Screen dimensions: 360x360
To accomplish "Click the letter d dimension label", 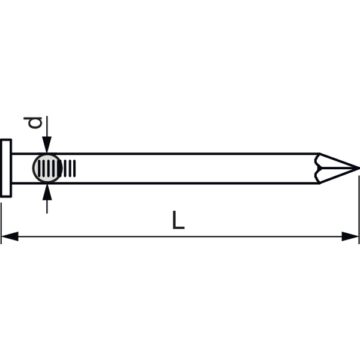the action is pyautogui.click(x=33, y=123).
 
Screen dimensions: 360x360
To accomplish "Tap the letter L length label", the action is pyautogui.click(x=178, y=220).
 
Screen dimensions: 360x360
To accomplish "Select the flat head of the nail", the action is pyautogui.click(x=6, y=168).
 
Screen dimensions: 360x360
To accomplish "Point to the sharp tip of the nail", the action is pyautogui.click(x=359, y=168).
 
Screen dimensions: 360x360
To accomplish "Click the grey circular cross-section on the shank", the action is pyautogui.click(x=47, y=168).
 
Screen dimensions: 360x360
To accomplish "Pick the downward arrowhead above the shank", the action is pyautogui.click(x=47, y=145).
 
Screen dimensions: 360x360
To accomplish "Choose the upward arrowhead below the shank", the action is pyautogui.click(x=47, y=192).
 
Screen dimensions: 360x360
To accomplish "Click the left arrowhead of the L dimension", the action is pyautogui.click(x=10, y=236).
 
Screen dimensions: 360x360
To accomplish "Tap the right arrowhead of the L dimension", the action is pyautogui.click(x=350, y=236).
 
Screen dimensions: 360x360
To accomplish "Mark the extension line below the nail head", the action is pyautogui.click(x=1, y=223).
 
